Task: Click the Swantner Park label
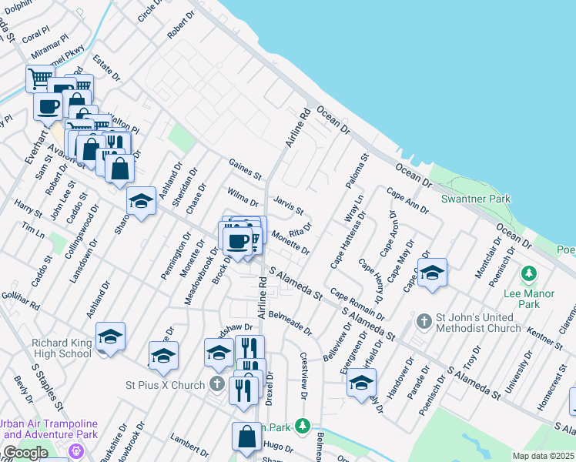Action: [476, 199]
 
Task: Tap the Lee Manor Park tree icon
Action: [528, 273]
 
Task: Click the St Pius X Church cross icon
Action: [219, 383]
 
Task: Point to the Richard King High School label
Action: [62, 348]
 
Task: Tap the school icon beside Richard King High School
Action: [110, 337]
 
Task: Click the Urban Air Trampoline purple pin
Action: [75, 450]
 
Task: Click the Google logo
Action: [25, 453]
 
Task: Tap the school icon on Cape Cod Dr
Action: [432, 273]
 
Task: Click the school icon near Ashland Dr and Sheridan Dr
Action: [141, 202]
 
